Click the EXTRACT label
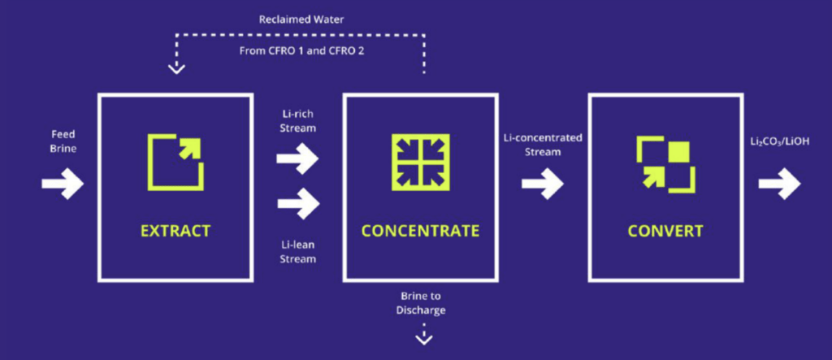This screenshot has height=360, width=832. pyautogui.click(x=175, y=231)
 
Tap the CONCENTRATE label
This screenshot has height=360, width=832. pyautogui.click(x=420, y=231)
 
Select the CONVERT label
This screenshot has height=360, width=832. pyautogui.click(x=665, y=231)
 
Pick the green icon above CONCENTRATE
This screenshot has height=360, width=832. pyautogui.click(x=420, y=161)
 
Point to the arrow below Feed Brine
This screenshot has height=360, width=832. pyautogui.click(x=63, y=184)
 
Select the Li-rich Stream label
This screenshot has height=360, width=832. pyautogui.click(x=297, y=121)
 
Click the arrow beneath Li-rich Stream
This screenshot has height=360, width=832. pyautogui.click(x=297, y=159)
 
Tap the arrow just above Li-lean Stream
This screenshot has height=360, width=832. pyautogui.click(x=297, y=203)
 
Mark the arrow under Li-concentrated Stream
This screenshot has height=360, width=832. pyautogui.click(x=542, y=184)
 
